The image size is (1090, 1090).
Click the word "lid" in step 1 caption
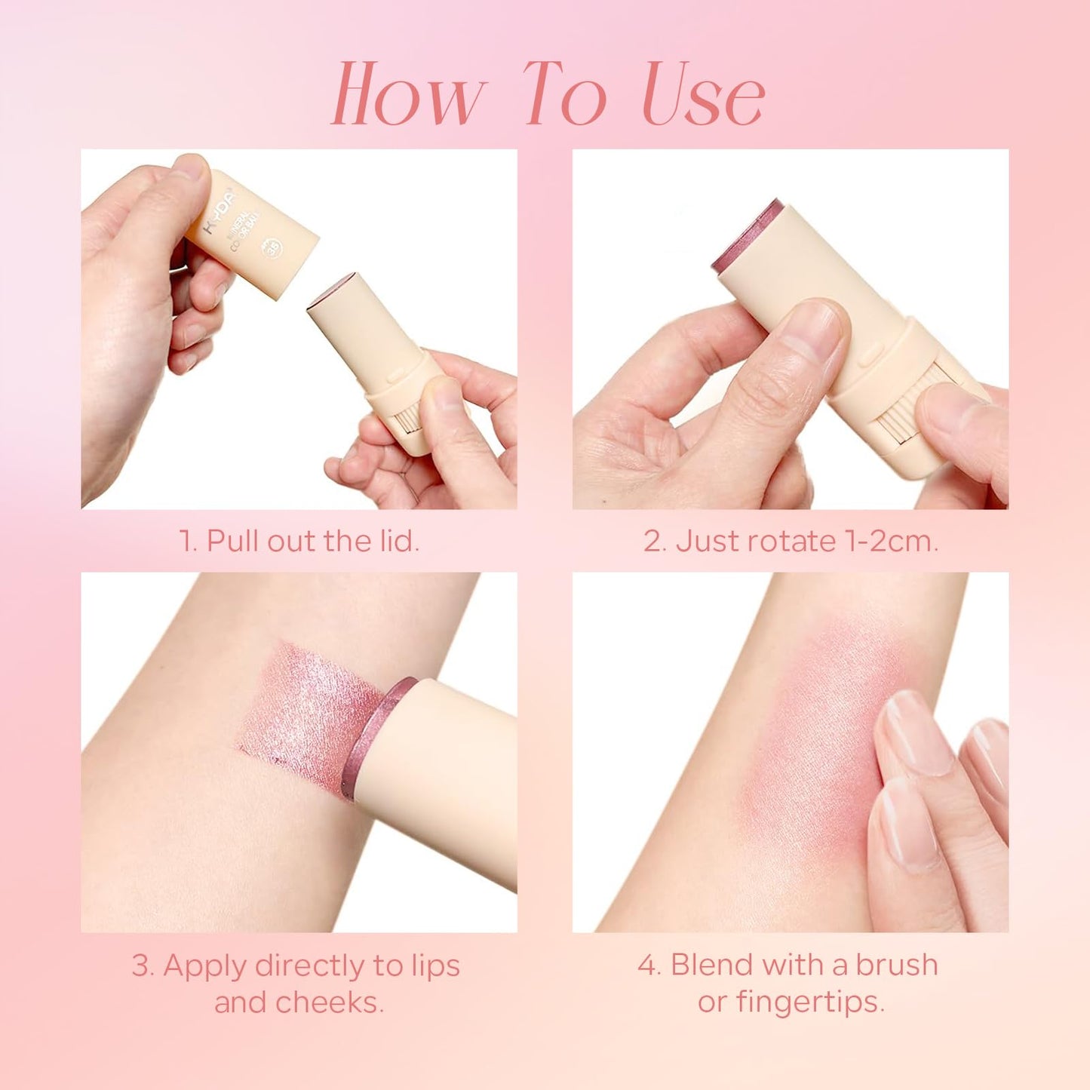395,541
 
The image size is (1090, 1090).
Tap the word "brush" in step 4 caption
896,965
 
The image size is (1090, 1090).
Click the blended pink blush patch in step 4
807,739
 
